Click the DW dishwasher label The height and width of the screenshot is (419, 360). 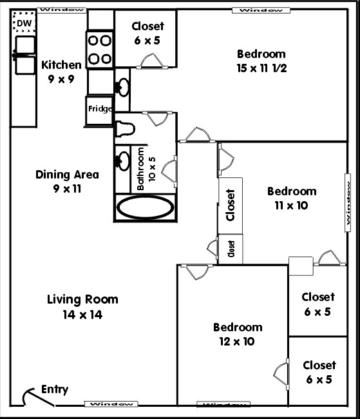point(24,24)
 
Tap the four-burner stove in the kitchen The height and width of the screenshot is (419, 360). point(100,50)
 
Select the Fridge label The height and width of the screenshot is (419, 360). point(100,109)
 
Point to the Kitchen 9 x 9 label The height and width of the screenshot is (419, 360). point(61,71)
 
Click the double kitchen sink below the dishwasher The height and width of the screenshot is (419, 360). point(24,55)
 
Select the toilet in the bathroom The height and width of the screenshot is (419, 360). point(124,129)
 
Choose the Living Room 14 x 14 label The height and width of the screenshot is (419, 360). point(82,307)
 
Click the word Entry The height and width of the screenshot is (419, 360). point(54,389)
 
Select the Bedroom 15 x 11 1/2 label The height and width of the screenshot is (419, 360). point(260,61)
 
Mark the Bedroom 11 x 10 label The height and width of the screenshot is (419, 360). point(292,198)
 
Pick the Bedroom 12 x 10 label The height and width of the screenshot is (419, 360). point(238,334)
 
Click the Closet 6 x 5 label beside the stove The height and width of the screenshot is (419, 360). point(147,33)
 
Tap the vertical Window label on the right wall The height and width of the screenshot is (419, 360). point(348,211)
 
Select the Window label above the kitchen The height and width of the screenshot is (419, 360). point(62,10)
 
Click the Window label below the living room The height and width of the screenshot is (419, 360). point(111,404)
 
